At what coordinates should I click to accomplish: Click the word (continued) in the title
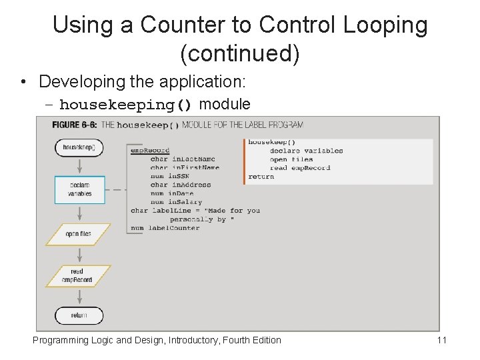[239, 53]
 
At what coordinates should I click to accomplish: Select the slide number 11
[441, 340]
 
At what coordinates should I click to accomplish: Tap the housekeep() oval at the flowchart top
[79, 147]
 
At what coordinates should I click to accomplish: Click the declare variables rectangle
[79, 189]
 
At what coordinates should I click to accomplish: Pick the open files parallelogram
[79, 234]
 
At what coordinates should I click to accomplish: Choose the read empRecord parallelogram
[79, 275]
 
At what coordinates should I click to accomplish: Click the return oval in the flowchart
[79, 315]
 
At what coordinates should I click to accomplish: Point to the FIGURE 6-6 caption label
[74, 125]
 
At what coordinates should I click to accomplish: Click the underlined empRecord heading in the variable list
[150, 151]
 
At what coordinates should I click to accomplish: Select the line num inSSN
[171, 176]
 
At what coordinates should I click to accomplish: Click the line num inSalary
[175, 202]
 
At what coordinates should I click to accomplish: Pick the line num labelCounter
[165, 228]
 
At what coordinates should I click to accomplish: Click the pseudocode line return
[261, 177]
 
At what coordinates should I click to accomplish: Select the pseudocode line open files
[291, 159]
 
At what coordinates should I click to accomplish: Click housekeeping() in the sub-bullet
[126, 105]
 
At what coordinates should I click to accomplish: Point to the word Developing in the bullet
[68, 82]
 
